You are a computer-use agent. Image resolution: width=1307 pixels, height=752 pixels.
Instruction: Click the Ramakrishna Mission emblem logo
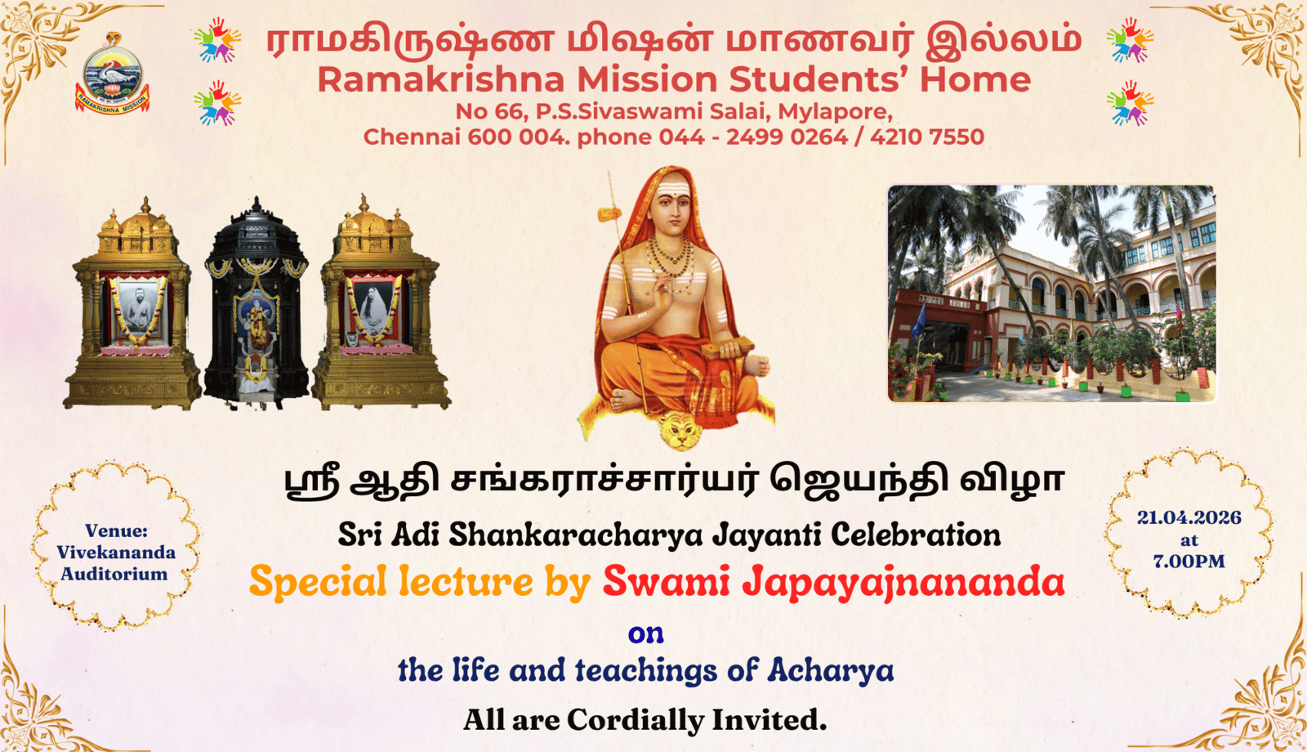coord(112,74)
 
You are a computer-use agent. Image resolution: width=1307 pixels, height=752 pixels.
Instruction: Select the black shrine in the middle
coord(256,302)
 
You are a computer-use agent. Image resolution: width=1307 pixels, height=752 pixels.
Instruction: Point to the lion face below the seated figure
coord(680,431)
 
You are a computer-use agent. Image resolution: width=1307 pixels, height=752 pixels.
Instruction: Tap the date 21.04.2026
coord(1189,518)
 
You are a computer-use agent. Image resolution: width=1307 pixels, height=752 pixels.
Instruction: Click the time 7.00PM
coord(1189,561)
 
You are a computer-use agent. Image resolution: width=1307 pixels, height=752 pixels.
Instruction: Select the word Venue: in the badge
coord(116,530)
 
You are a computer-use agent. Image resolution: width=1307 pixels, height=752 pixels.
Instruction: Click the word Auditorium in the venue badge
coord(114,574)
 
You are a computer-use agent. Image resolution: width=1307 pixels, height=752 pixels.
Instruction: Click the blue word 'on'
coord(646,634)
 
